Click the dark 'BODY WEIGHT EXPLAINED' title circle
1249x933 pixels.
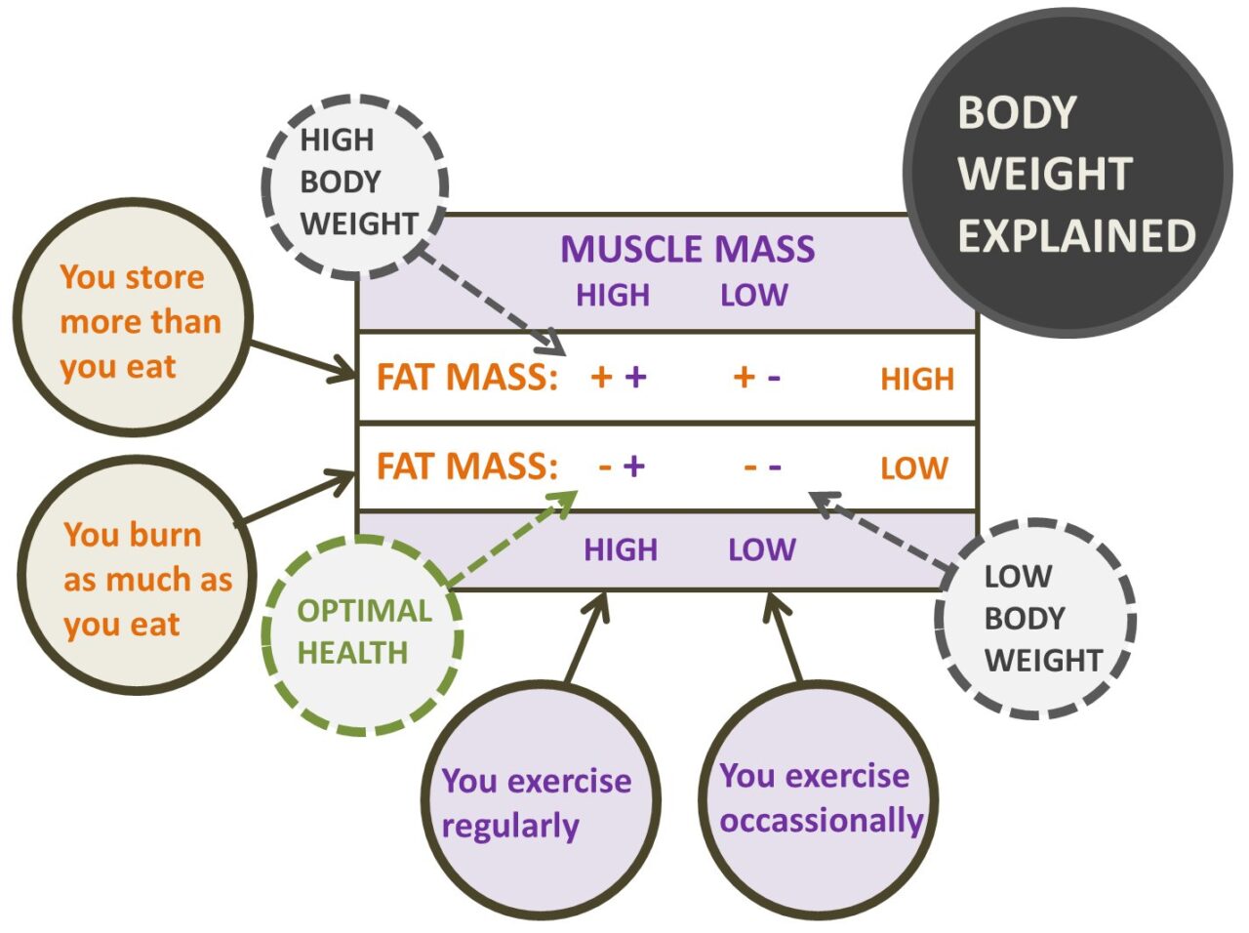point(1068,174)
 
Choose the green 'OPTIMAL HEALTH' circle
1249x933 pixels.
point(364,633)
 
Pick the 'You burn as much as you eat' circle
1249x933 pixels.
point(137,579)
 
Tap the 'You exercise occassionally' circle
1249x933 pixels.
point(818,799)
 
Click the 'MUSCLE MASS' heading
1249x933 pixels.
point(687,250)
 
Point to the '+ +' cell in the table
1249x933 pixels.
point(619,377)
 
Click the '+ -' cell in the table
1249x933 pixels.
point(757,377)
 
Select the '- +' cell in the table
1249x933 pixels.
point(622,466)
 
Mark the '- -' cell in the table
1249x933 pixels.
point(762,466)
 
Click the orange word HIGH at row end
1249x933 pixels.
point(916,379)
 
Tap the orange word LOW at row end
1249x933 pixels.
point(913,468)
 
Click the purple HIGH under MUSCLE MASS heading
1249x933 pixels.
point(612,296)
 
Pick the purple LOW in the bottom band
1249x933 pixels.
point(761,549)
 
